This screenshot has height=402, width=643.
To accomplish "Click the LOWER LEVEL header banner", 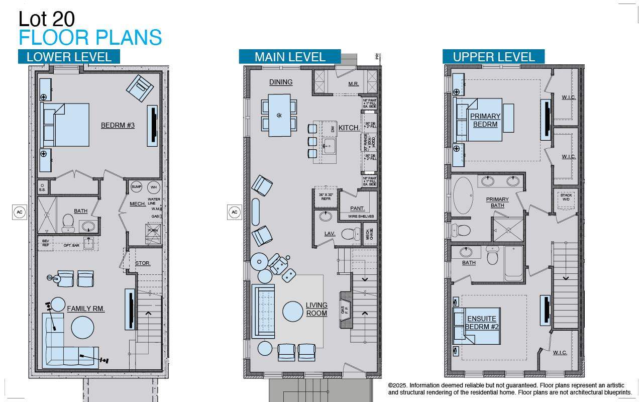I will tap(69, 57).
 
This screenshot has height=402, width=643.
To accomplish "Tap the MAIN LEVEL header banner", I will tap(290, 57).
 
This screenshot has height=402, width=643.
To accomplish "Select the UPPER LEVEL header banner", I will tap(493, 57).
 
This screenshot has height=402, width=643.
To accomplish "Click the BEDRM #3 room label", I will tap(118, 125).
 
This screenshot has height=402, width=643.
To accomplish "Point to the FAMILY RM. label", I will tap(86, 309).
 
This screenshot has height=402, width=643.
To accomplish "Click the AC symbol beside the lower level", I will tap(20, 212).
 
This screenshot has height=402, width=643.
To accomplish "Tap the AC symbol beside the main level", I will tap(234, 212).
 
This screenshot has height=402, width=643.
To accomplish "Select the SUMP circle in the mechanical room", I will tap(137, 187).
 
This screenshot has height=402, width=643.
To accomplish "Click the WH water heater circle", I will tap(153, 187).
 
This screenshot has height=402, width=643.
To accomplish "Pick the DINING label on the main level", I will tap(280, 82).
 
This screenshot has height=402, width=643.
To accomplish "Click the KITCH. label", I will tap(349, 128).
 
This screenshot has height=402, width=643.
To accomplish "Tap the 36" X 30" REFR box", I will tap(325, 196).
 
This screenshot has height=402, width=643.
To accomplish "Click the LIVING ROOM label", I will tap(316, 309).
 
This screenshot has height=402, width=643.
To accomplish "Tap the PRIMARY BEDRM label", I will tap(485, 120).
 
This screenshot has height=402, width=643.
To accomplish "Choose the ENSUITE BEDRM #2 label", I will tap(481, 323).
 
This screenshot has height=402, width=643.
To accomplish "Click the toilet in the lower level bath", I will tap(68, 223).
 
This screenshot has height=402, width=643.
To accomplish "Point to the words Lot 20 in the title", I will tap(47, 19).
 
